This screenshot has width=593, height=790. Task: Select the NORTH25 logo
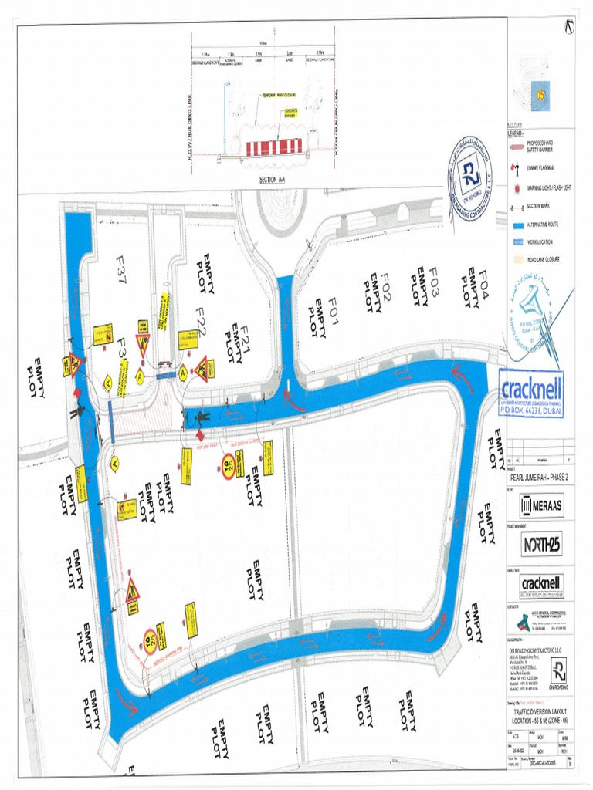pos(541,545)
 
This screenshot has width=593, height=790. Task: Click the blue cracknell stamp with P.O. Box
pos(532,394)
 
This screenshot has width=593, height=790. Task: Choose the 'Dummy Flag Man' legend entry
pos(540,166)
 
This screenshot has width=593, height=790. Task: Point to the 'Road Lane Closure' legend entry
pos(540,260)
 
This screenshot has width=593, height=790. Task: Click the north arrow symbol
pos(570,25)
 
